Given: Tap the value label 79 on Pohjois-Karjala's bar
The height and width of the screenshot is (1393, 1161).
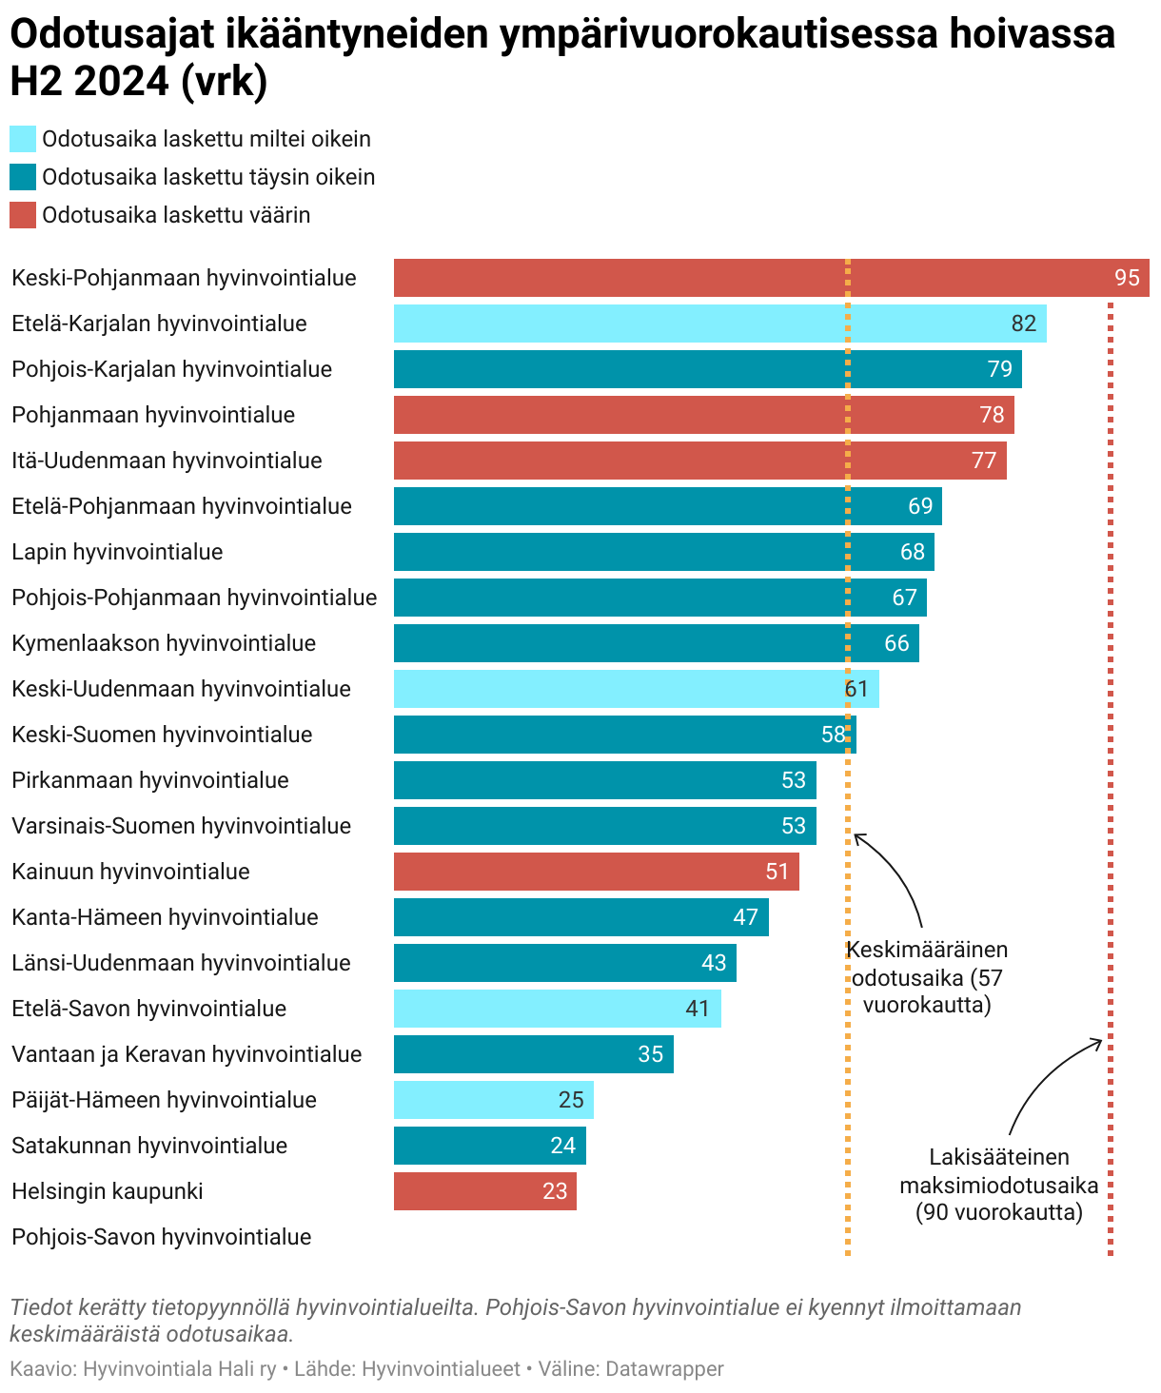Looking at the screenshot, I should click(999, 369).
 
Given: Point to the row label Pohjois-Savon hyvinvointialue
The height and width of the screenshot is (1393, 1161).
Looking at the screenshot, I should click(162, 1237).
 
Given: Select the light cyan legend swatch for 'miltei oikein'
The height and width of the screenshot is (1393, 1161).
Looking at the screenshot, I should click(23, 139).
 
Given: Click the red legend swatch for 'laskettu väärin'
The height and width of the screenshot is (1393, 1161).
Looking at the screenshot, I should click(23, 215).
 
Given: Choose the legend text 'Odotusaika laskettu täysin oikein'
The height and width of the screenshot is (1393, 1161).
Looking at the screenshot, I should click(208, 177).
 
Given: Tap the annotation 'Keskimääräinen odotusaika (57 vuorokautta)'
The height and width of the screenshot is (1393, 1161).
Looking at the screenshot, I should click(926, 977).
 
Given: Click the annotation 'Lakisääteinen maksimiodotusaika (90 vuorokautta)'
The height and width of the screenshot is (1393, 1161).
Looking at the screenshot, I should click(999, 1185).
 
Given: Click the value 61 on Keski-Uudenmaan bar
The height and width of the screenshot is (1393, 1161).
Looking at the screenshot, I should click(856, 689).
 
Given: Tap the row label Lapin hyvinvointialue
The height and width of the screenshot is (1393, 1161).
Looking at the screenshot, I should click(117, 552).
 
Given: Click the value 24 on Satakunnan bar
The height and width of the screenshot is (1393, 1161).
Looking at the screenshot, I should click(562, 1146).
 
